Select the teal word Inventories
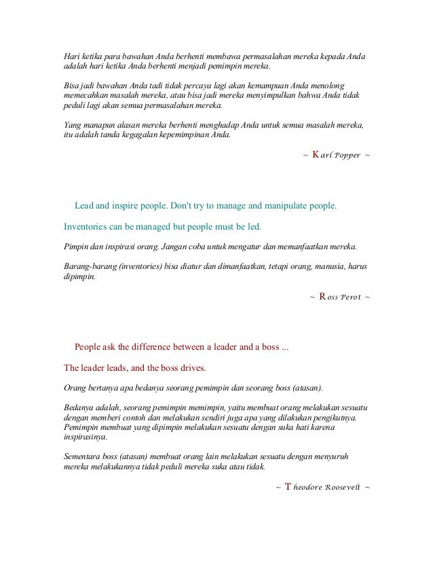[x=86, y=224]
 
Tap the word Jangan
[x=174, y=246]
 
